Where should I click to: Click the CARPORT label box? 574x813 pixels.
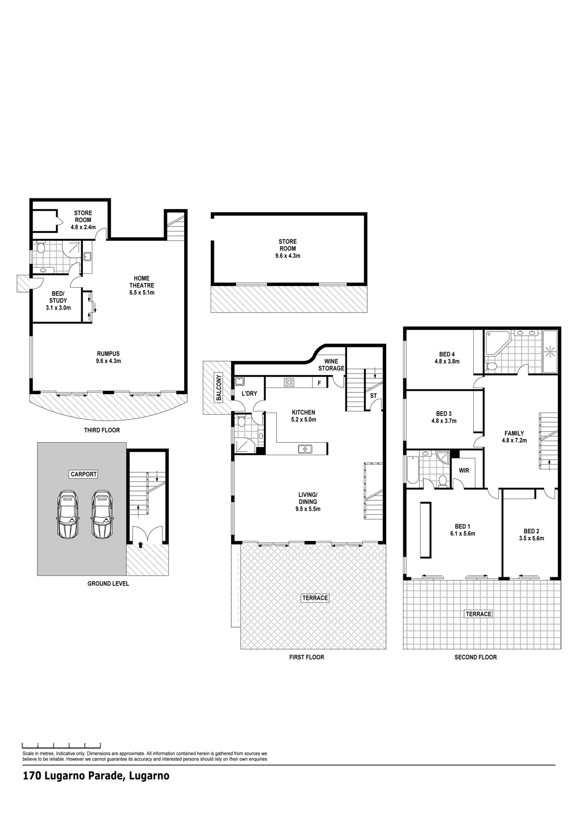click(x=84, y=474)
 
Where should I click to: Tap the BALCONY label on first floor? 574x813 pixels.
click(x=218, y=387)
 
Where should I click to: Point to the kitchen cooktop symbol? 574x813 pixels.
click(x=290, y=382)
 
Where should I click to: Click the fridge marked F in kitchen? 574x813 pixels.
click(x=319, y=383)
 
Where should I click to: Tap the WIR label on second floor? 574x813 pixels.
click(x=464, y=471)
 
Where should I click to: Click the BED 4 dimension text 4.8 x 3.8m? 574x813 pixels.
click(x=447, y=362)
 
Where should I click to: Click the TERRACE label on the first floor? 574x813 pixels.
click(x=315, y=598)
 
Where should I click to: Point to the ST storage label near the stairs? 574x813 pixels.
click(x=374, y=396)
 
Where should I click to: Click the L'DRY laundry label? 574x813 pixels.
click(x=250, y=393)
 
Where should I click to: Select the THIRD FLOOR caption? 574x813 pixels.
click(x=102, y=430)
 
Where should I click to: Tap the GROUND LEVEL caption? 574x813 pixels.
click(x=108, y=584)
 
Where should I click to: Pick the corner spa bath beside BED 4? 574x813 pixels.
click(x=495, y=343)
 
